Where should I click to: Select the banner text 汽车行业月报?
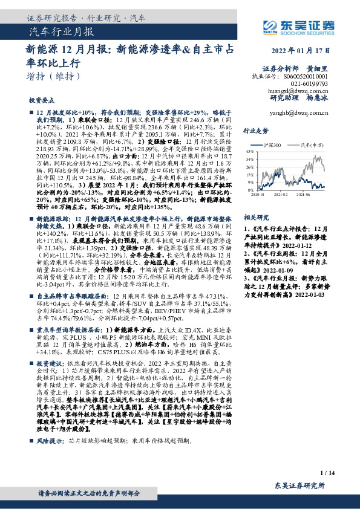click(x=61, y=31)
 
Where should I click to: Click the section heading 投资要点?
click(x=41, y=100)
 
